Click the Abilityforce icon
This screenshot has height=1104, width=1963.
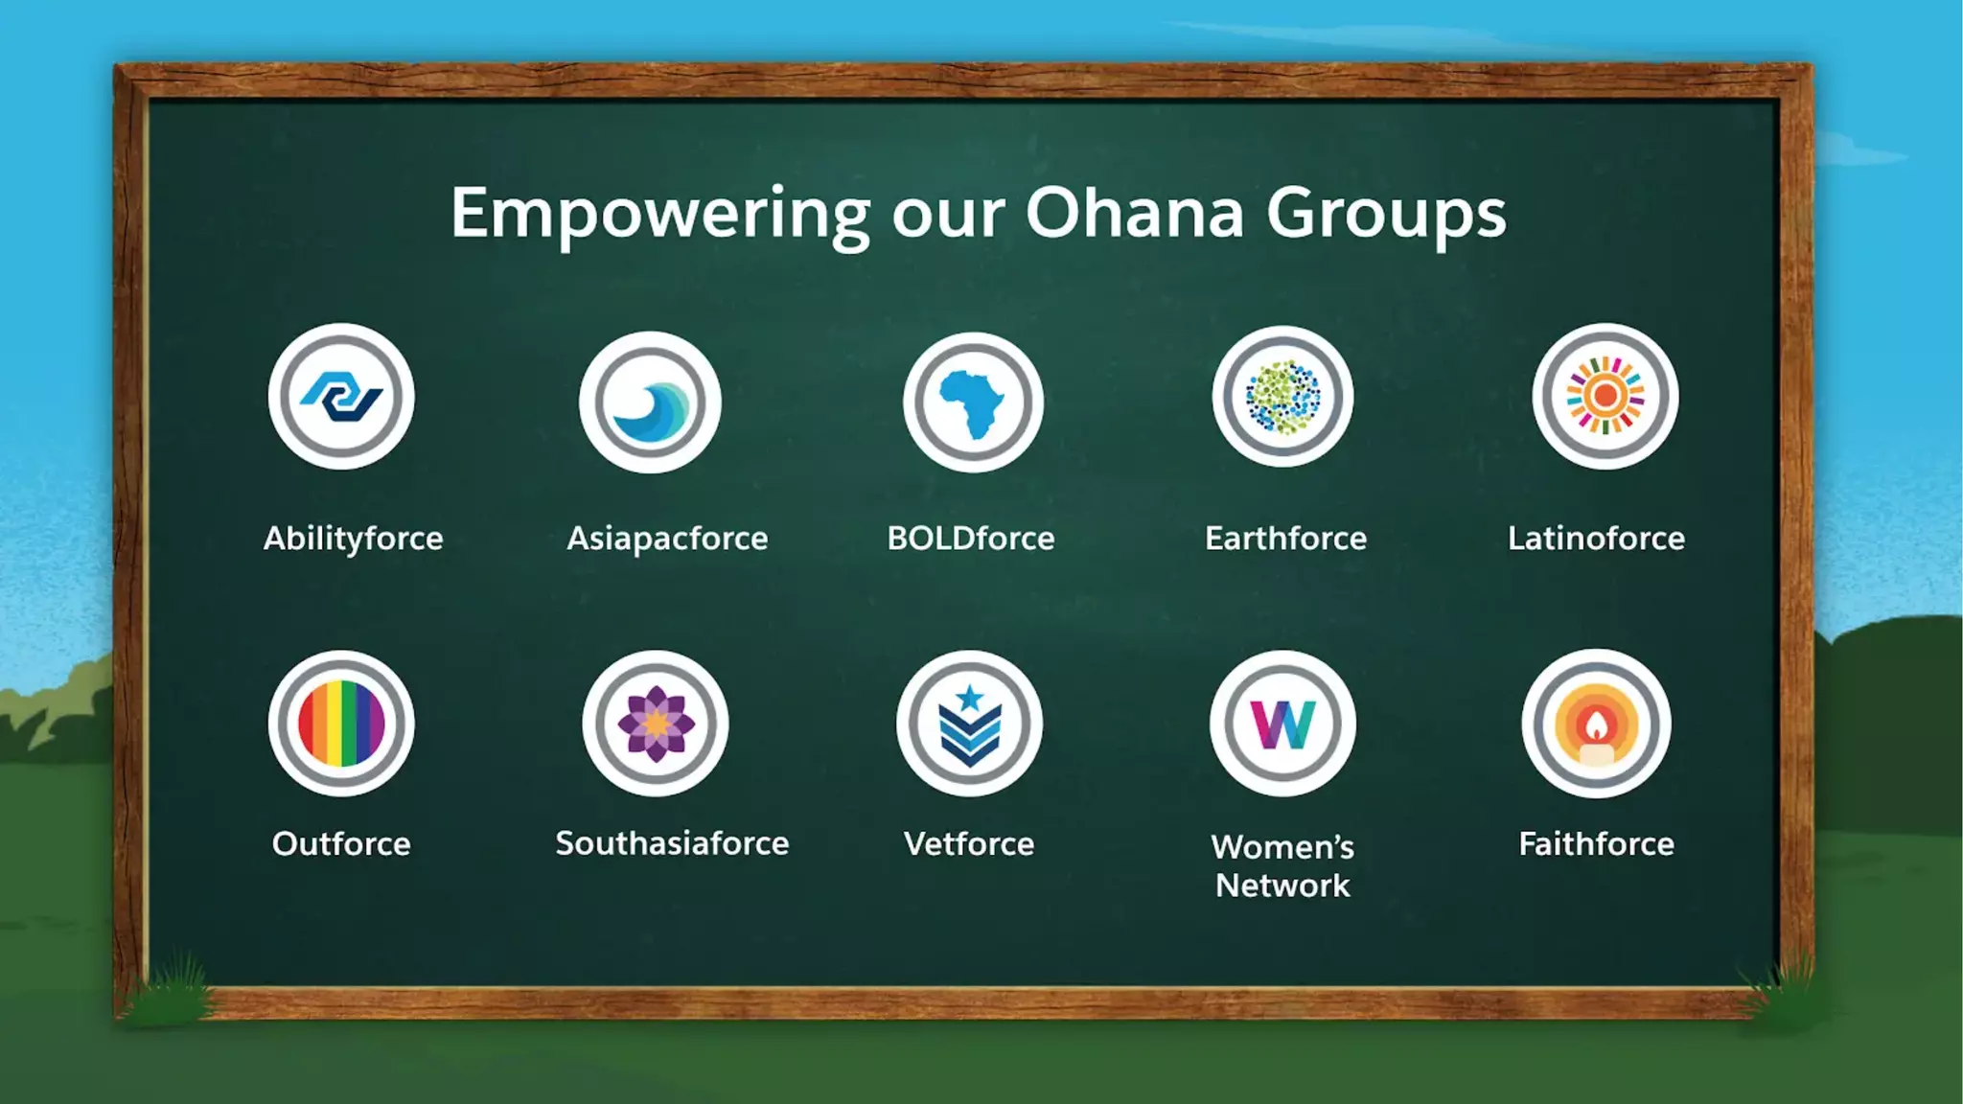point(341,396)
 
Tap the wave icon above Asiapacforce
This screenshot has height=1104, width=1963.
point(650,402)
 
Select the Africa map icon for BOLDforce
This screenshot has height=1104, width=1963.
point(973,402)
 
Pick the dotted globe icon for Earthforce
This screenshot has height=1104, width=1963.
point(1282,397)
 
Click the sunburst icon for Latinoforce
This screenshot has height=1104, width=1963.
point(1605,396)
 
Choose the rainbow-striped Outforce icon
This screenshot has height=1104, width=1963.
point(341,724)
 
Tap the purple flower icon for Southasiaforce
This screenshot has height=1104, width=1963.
point(656,724)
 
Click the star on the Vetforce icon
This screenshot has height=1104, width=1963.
point(970,697)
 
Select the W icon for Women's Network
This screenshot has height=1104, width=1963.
point(1282,724)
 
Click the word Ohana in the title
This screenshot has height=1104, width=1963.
point(1134,213)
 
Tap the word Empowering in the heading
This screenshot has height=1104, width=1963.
point(660,215)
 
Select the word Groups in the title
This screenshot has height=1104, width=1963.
point(1386,215)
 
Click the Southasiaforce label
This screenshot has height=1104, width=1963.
point(672,843)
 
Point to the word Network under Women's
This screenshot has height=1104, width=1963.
point(1282,885)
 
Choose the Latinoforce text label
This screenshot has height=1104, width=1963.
point(1596,539)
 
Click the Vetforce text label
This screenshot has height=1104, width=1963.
point(969,844)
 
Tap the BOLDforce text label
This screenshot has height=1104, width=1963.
point(971,539)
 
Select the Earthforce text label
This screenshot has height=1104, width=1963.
point(1285,539)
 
